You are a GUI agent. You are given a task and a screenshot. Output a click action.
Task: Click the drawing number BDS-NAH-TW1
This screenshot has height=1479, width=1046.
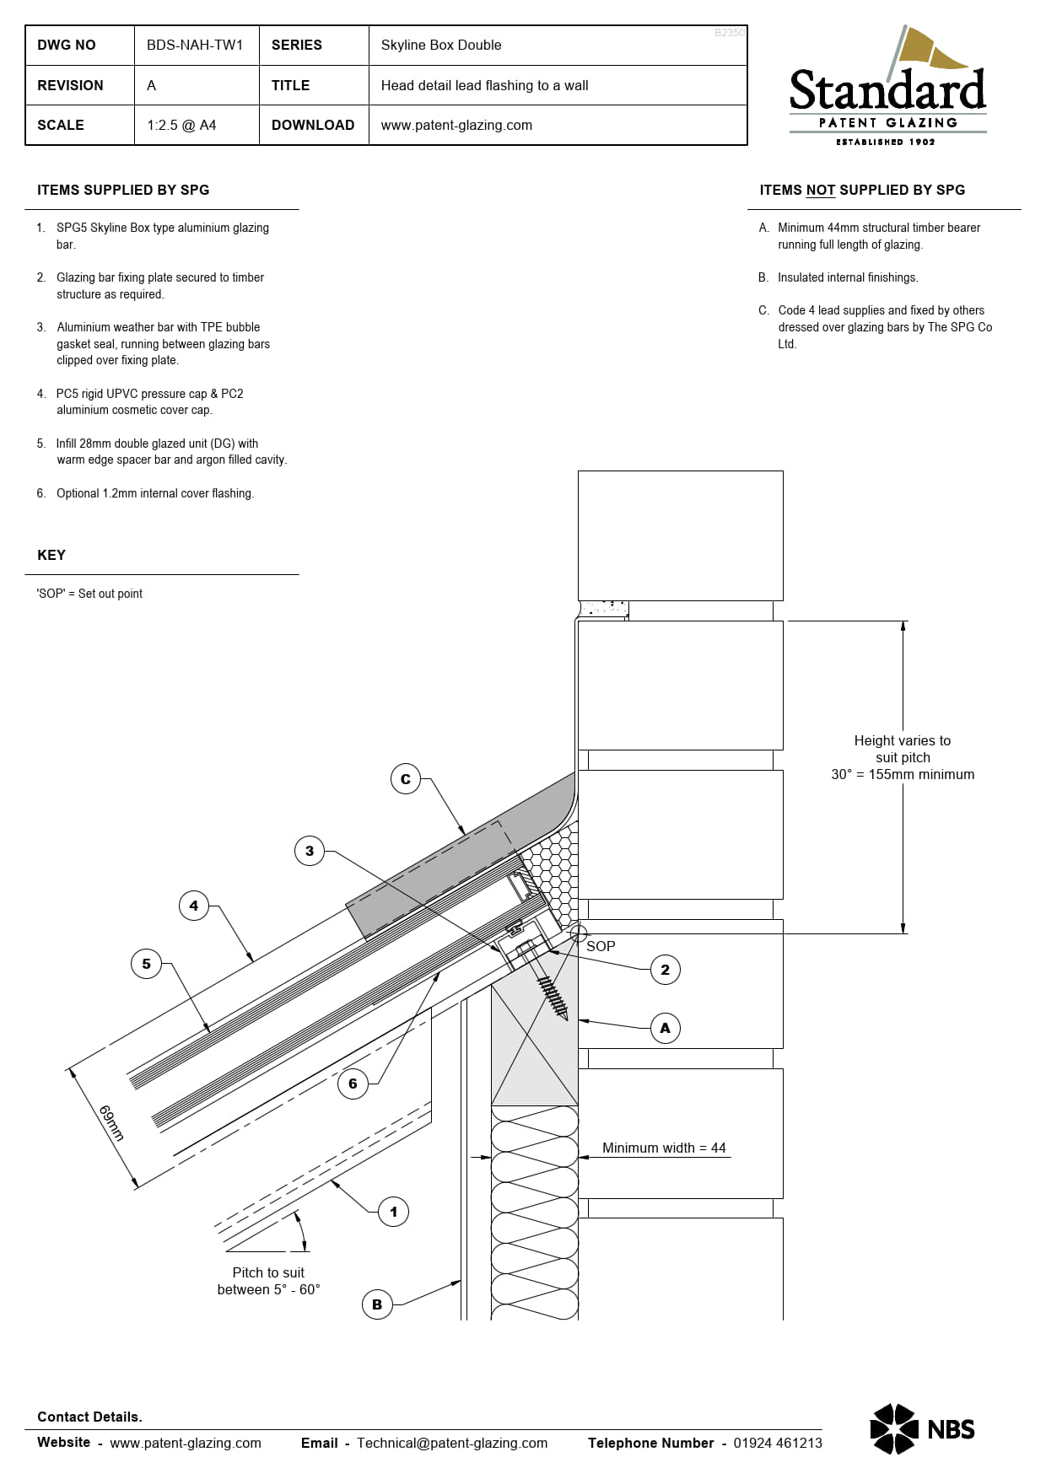195,46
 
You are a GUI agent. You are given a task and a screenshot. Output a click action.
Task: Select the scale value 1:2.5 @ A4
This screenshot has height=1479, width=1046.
181,126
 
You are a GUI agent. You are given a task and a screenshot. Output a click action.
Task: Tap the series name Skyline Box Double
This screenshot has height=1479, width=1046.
440,46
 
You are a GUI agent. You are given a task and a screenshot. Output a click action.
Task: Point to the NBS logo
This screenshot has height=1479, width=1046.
922,1428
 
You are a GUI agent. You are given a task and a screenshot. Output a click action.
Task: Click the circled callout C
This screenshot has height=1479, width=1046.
406,779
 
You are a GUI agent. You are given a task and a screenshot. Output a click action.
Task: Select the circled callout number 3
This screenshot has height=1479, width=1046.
310,851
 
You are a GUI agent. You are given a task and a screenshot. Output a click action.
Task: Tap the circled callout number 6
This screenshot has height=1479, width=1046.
353,1084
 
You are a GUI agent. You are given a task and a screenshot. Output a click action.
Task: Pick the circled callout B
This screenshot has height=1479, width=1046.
377,1304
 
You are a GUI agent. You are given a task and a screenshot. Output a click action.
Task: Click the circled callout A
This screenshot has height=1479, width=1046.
665,1028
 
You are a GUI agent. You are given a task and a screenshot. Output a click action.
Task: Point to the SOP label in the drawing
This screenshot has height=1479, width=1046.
601,946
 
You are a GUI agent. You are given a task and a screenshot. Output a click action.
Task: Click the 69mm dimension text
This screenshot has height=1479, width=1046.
111,1123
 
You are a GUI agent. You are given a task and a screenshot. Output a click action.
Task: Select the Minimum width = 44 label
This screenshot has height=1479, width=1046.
664,1148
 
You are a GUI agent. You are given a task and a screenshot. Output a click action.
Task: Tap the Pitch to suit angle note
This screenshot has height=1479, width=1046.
268,1281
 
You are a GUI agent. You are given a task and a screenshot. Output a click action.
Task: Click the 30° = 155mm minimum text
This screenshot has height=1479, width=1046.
903,774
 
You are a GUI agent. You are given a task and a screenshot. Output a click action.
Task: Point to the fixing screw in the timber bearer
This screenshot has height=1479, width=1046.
549,988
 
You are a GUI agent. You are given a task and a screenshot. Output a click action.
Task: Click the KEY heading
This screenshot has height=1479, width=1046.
51,555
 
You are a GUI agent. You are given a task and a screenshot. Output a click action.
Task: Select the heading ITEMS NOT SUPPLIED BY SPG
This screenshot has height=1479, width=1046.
862,191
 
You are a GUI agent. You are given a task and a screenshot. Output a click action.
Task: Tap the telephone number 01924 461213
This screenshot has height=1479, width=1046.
777,1443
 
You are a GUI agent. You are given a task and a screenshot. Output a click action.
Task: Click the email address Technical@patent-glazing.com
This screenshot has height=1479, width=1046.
451,1443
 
